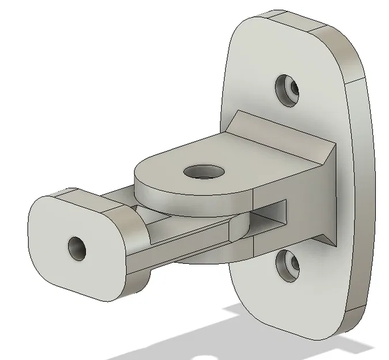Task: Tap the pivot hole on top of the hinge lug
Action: (x=203, y=171)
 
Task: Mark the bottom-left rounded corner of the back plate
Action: (x=245, y=311)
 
